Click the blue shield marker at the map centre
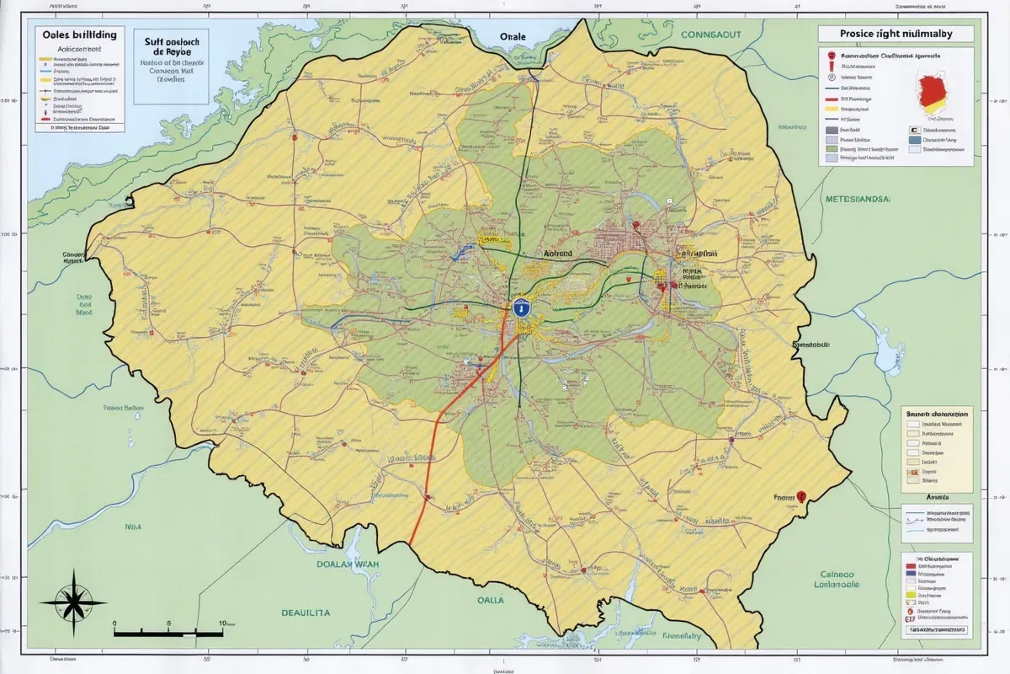click(x=522, y=308)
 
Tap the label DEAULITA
click(x=306, y=613)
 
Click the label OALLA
click(x=490, y=600)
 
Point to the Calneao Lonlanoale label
click(x=839, y=579)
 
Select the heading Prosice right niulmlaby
click(x=895, y=34)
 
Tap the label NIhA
click(x=133, y=527)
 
